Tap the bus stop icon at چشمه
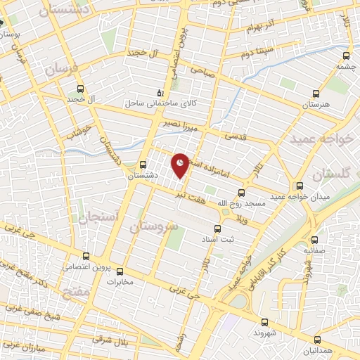(345, 56)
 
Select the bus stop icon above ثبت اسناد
(217, 228)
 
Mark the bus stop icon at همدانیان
(316, 339)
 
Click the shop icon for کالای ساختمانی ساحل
(161, 92)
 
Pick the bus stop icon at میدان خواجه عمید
(300, 186)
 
